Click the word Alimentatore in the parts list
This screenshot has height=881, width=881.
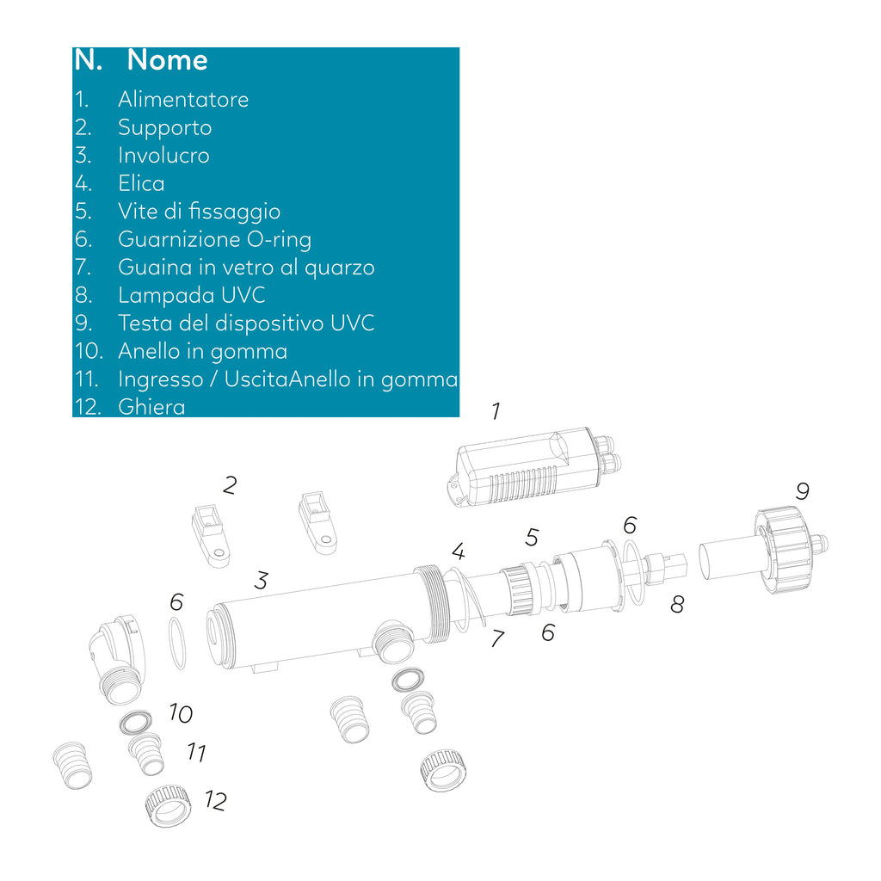(x=183, y=100)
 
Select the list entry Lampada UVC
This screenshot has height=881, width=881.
(x=192, y=295)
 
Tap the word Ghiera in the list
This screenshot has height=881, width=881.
(x=151, y=407)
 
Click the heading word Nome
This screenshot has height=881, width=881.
(x=168, y=59)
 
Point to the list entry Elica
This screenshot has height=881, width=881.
(x=142, y=183)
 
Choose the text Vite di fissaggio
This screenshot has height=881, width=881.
(x=200, y=212)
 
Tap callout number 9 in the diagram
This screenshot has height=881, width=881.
(x=803, y=491)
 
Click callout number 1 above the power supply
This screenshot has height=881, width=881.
(x=496, y=411)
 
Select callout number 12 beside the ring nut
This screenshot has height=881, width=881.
(x=216, y=801)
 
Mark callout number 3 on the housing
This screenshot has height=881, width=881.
(x=262, y=581)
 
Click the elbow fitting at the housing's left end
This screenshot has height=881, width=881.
(x=116, y=659)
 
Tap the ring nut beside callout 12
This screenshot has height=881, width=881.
(x=168, y=805)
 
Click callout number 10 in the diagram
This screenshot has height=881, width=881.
(x=181, y=713)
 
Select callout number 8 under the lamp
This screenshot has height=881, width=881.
(x=678, y=605)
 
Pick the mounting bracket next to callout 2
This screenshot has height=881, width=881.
(x=211, y=535)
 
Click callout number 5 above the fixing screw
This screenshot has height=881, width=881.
(x=532, y=537)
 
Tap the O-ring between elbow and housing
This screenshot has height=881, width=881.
(x=177, y=644)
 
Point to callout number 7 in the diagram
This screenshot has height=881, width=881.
(x=498, y=638)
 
